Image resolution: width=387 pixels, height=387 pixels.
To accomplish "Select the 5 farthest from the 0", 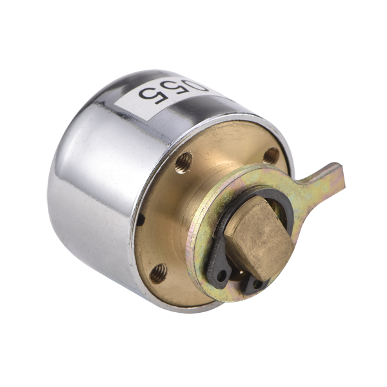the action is (x=152, y=94).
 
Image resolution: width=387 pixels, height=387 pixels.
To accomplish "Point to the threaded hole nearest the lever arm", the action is (x=271, y=155).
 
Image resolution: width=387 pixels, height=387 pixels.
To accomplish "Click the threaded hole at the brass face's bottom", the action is (x=158, y=273).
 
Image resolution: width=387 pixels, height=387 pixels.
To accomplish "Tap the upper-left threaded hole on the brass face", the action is (x=184, y=163).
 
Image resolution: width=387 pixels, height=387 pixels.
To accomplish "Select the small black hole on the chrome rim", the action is (x=141, y=220).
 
